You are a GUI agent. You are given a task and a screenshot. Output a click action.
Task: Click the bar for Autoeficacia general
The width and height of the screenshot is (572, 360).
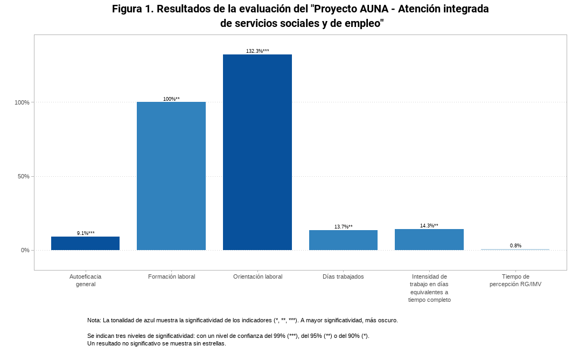click(x=85, y=243)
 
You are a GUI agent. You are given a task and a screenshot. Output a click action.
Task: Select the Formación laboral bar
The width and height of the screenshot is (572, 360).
click(x=171, y=176)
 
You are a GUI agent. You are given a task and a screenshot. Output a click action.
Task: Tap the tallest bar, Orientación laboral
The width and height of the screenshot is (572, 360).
click(x=257, y=152)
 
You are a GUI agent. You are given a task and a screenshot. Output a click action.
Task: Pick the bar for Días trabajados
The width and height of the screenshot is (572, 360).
click(x=343, y=240)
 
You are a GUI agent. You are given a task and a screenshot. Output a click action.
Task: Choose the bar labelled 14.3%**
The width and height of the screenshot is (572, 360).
click(x=429, y=239)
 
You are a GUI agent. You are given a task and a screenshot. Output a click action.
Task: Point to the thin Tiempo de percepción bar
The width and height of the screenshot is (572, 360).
click(x=515, y=250)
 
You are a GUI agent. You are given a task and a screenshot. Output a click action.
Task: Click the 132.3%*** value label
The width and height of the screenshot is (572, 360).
click(x=257, y=51)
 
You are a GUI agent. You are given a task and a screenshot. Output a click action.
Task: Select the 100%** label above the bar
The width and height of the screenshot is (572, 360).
click(x=171, y=99)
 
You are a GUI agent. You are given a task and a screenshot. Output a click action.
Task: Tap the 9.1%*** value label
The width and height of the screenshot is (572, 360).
click(x=86, y=233)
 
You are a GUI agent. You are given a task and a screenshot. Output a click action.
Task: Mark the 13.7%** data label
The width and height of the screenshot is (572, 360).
click(x=343, y=227)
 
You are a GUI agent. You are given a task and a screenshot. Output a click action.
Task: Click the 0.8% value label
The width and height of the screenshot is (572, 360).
click(x=515, y=246)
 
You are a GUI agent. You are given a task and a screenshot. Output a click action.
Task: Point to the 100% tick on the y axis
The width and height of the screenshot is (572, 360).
click(x=22, y=102)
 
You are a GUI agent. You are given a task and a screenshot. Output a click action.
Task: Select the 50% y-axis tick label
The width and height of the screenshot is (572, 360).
click(x=24, y=176)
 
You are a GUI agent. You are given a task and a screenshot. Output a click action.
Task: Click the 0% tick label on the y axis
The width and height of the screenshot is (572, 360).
click(x=25, y=250)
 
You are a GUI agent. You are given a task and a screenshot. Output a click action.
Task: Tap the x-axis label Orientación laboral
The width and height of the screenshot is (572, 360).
click(x=257, y=277)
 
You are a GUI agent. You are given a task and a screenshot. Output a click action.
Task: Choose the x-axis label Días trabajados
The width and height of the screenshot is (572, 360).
click(x=343, y=277)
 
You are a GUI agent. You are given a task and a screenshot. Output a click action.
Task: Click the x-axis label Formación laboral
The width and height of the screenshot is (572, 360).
click(x=171, y=277)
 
